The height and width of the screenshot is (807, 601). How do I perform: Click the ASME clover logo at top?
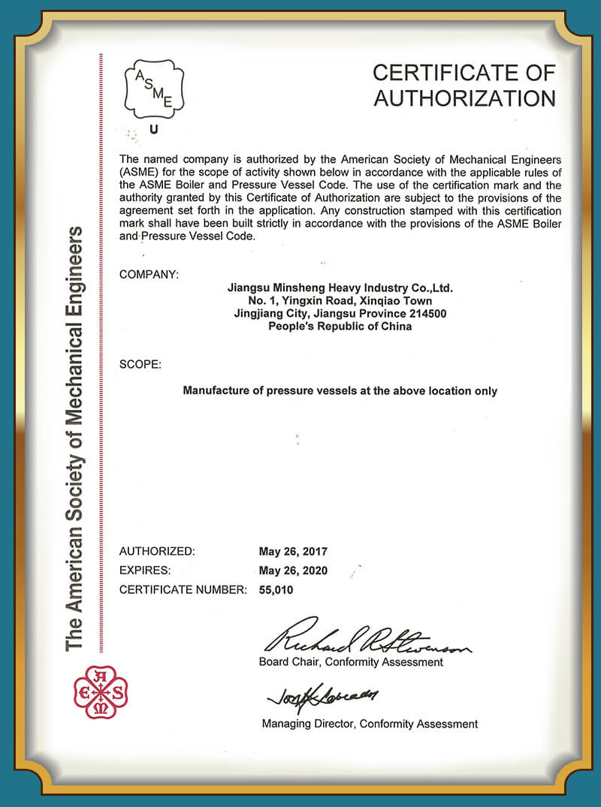click(153, 88)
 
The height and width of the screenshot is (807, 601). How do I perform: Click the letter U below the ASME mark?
click(154, 129)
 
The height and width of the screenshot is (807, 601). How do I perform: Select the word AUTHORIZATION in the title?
click(464, 98)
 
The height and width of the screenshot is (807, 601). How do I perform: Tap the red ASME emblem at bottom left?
click(101, 692)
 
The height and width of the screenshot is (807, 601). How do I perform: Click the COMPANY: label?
click(149, 275)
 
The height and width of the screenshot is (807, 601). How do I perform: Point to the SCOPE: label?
click(140, 365)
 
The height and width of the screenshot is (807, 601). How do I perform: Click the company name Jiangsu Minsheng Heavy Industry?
click(340, 288)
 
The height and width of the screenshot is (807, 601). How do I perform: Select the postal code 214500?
click(426, 314)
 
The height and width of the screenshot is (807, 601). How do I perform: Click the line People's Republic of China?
click(340, 327)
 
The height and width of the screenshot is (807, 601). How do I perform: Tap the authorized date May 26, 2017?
click(293, 552)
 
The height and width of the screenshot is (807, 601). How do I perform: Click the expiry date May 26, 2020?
click(293, 571)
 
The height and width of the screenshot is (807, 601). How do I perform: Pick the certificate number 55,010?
click(276, 590)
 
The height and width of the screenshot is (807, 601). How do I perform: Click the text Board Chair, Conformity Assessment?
click(351, 662)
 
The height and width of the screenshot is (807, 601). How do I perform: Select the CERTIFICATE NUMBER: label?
click(183, 590)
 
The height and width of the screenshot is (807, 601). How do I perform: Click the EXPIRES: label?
click(145, 571)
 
